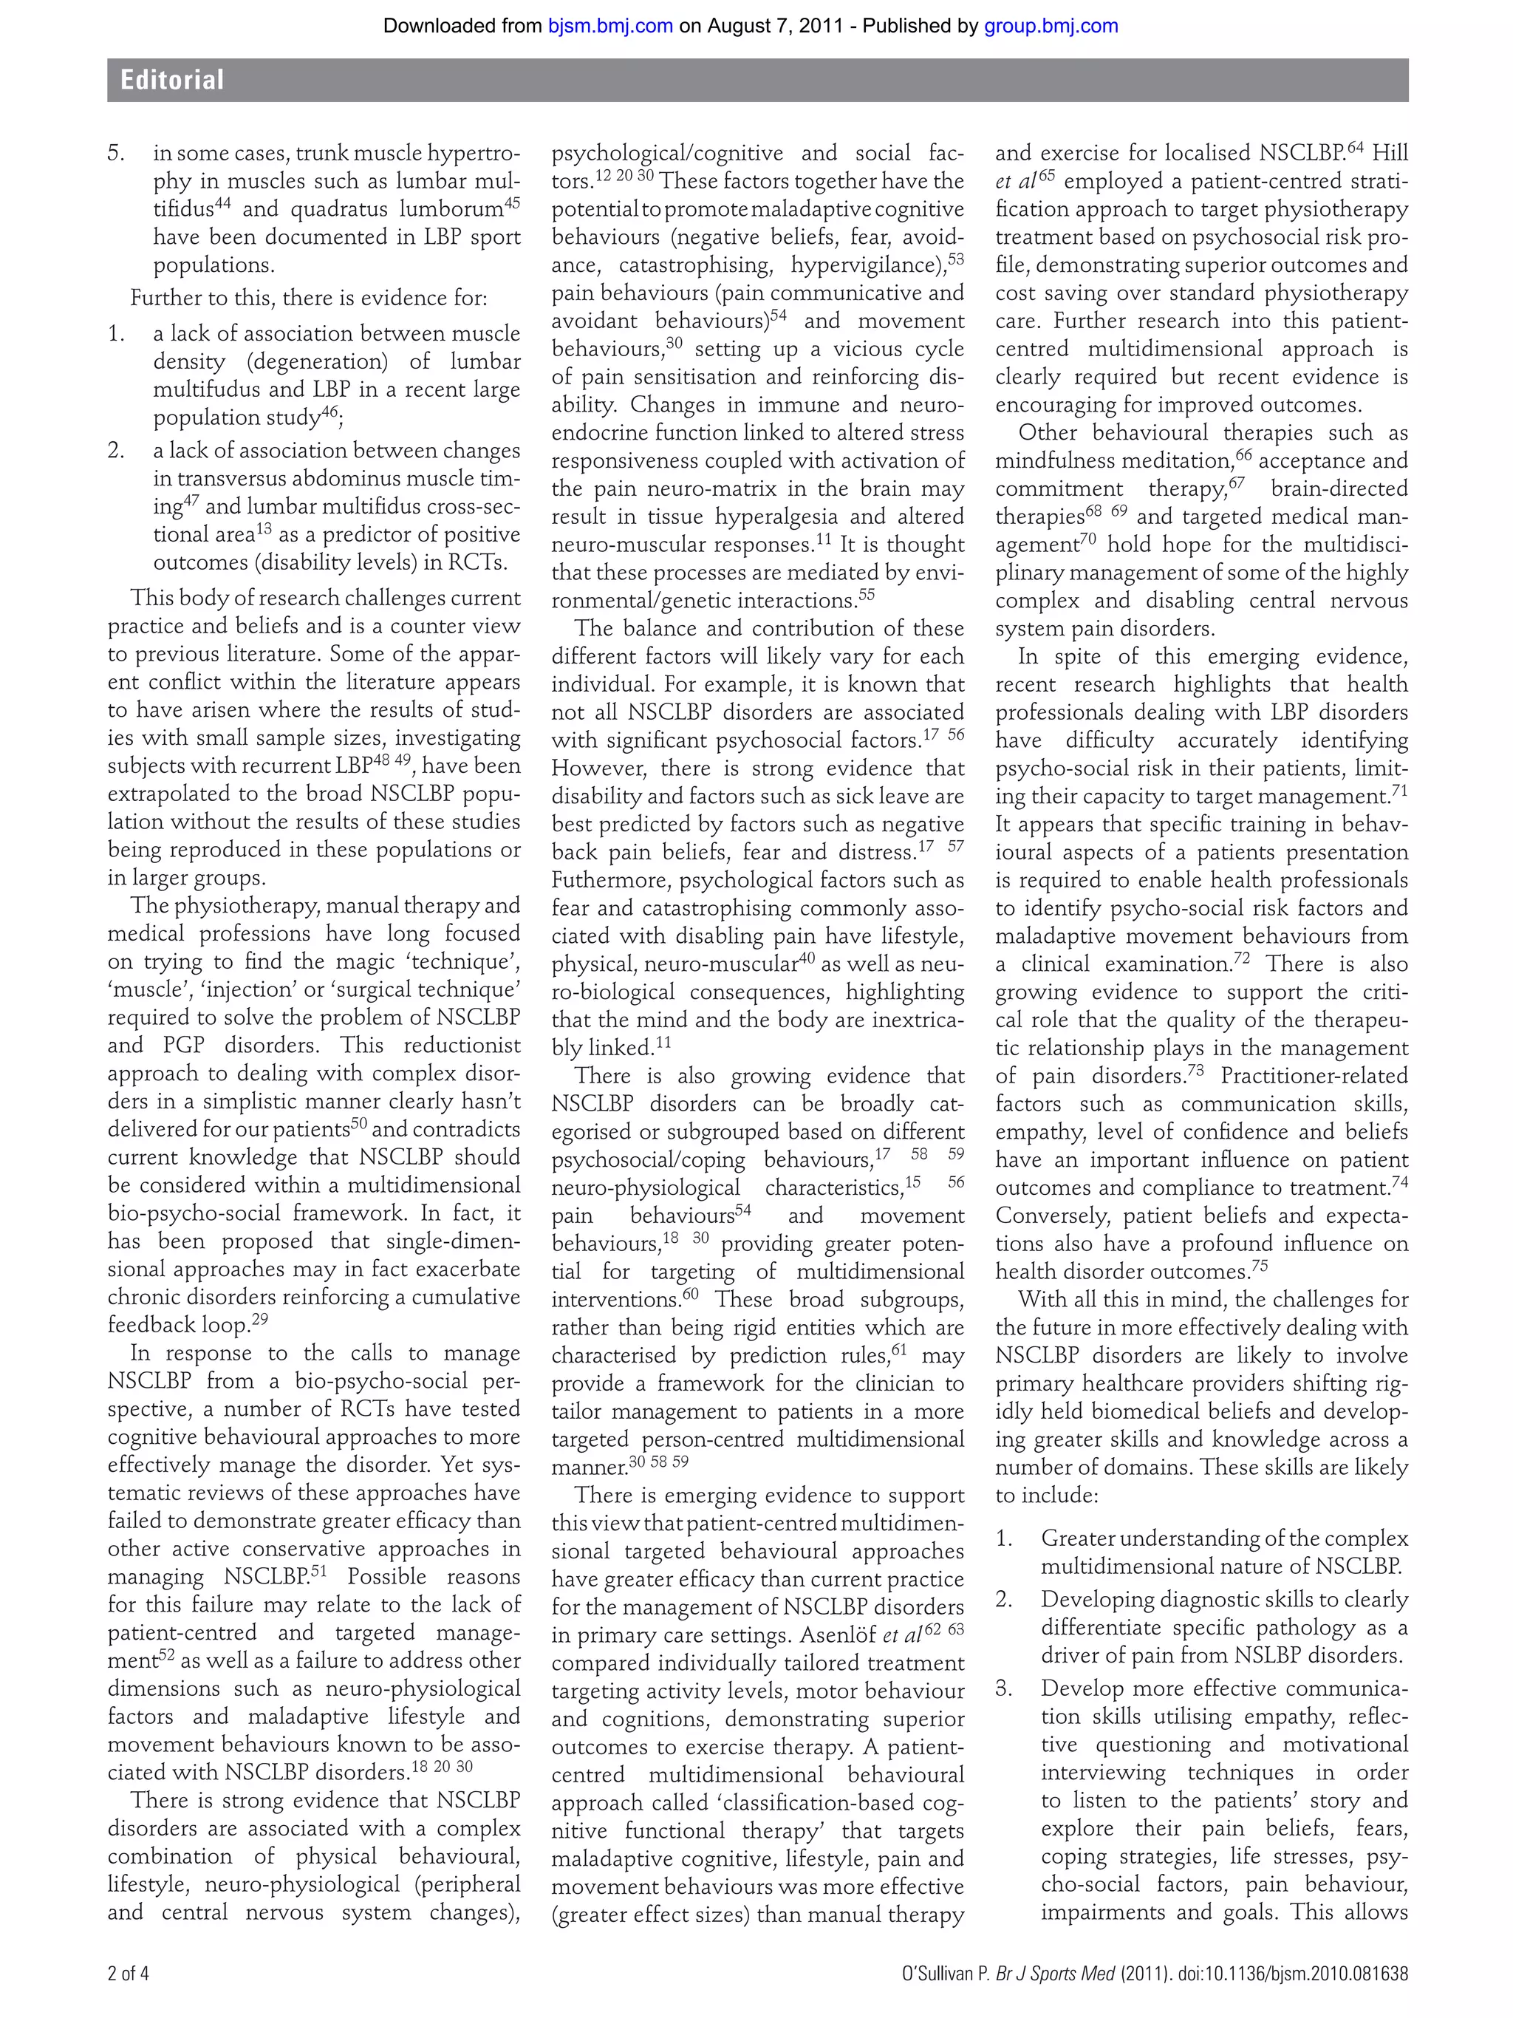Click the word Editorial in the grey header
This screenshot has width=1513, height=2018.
pyautogui.click(x=171, y=81)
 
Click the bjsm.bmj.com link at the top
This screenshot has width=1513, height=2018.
pyautogui.click(x=610, y=26)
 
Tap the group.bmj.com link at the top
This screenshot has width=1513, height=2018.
pyautogui.click(x=1051, y=26)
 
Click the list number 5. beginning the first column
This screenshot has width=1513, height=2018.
pyautogui.click(x=116, y=153)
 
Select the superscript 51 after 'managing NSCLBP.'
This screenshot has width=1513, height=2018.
pyautogui.click(x=318, y=1571)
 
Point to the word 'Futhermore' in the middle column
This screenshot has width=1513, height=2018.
pyautogui.click(x=609, y=880)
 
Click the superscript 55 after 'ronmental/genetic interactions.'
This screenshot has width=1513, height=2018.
pyautogui.click(x=867, y=595)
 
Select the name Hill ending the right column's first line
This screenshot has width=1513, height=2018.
pyautogui.click(x=1390, y=153)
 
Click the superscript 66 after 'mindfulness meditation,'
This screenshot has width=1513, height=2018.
pyautogui.click(x=1244, y=455)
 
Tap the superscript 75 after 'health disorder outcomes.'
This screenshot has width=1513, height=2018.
pyautogui.click(x=1260, y=1267)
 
